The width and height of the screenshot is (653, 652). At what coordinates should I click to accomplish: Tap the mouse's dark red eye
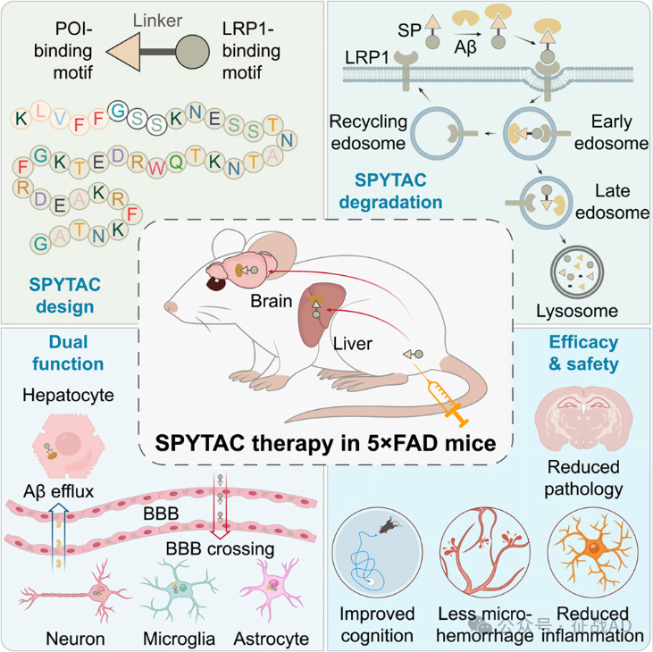(217, 283)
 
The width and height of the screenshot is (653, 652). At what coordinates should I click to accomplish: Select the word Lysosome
(577, 312)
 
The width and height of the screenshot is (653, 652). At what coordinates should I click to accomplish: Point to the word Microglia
(175, 639)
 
